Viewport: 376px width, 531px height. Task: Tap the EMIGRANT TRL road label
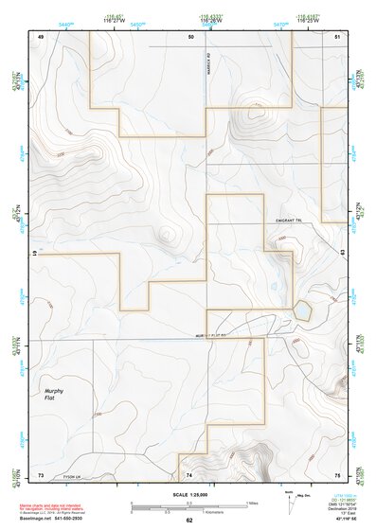(287, 221)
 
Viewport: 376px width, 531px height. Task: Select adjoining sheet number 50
(190, 36)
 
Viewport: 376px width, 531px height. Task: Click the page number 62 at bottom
(189, 521)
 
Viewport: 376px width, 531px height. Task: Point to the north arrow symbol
(289, 499)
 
